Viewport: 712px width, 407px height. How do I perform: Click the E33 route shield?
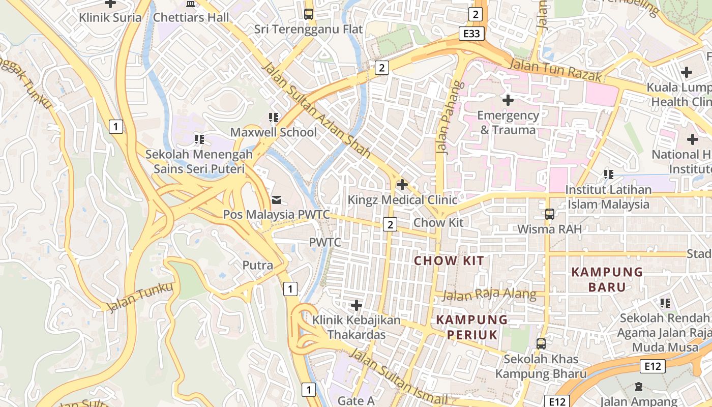(471, 34)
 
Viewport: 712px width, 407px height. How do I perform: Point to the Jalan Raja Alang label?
(489, 295)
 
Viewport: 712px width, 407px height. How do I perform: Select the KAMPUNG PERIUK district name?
(472, 327)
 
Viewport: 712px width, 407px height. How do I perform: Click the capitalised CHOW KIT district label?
(449, 261)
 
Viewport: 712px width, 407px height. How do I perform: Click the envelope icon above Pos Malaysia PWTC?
(277, 199)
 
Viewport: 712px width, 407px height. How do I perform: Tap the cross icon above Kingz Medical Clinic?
(402, 184)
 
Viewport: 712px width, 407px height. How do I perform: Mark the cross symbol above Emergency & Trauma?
(508, 100)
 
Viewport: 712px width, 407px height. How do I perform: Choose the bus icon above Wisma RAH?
(549, 214)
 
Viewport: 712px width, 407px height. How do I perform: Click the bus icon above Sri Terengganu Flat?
(309, 14)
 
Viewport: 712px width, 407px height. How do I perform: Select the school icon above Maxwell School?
(274, 118)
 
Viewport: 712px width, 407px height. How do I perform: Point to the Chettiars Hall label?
(191, 17)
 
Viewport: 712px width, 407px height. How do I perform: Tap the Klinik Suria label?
(110, 17)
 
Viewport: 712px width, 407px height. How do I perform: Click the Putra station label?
(257, 265)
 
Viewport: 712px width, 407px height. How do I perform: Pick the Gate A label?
(356, 401)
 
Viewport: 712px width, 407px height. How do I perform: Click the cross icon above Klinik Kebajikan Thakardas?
(357, 305)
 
